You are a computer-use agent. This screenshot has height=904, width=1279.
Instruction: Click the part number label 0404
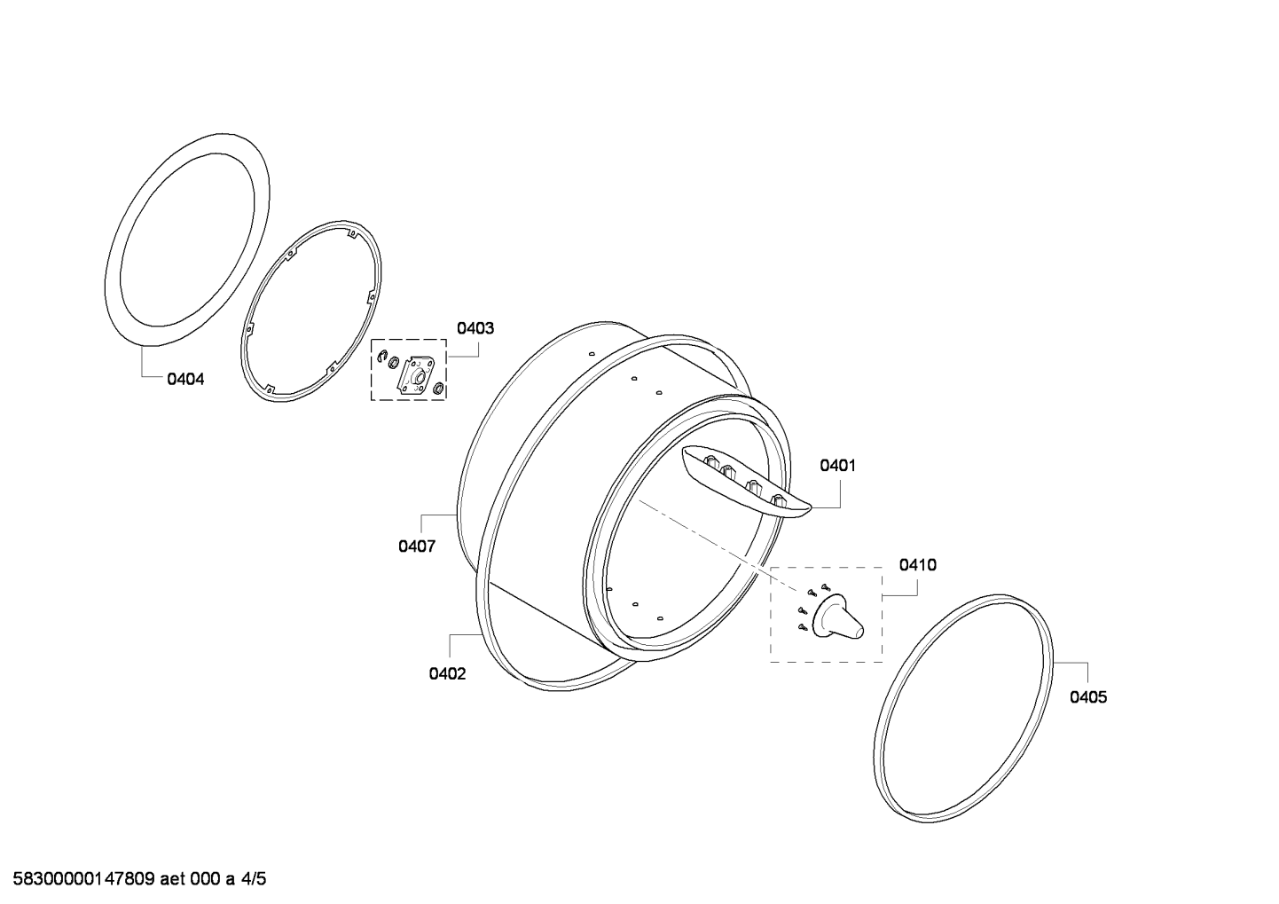(x=185, y=379)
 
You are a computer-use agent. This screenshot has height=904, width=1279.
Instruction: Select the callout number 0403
(x=475, y=327)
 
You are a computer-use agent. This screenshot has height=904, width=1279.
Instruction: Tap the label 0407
(x=417, y=546)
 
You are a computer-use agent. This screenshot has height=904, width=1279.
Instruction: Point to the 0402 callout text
(x=448, y=674)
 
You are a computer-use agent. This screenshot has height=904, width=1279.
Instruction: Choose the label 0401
(x=837, y=466)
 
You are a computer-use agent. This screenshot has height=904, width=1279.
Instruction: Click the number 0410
(x=918, y=565)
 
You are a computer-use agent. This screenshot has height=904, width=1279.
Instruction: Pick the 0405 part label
(x=1088, y=696)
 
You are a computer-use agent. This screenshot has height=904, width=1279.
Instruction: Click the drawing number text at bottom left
(x=139, y=878)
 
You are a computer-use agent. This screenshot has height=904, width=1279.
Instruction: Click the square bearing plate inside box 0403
(x=416, y=376)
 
